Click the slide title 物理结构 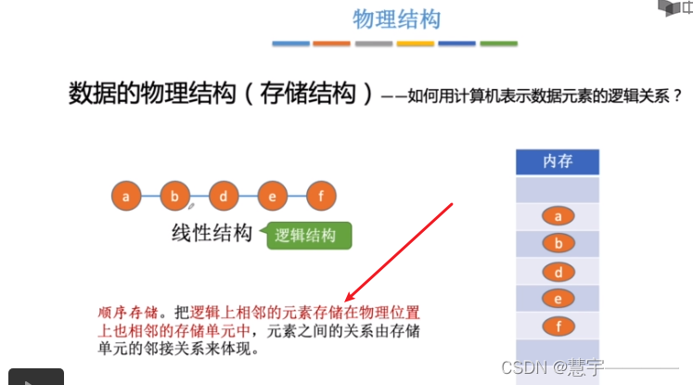click(396, 19)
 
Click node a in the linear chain click(126, 196)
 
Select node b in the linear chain click(174, 196)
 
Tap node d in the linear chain click(224, 196)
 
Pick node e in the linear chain click(272, 196)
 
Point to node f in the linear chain click(321, 196)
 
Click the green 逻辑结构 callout click(306, 236)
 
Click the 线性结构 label click(212, 233)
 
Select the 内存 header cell click(558, 161)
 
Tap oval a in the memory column click(558, 216)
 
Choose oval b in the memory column click(558, 244)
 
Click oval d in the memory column click(558, 273)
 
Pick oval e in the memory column click(558, 299)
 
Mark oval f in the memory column click(558, 327)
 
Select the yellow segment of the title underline click(415, 44)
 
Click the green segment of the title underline click(498, 44)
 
